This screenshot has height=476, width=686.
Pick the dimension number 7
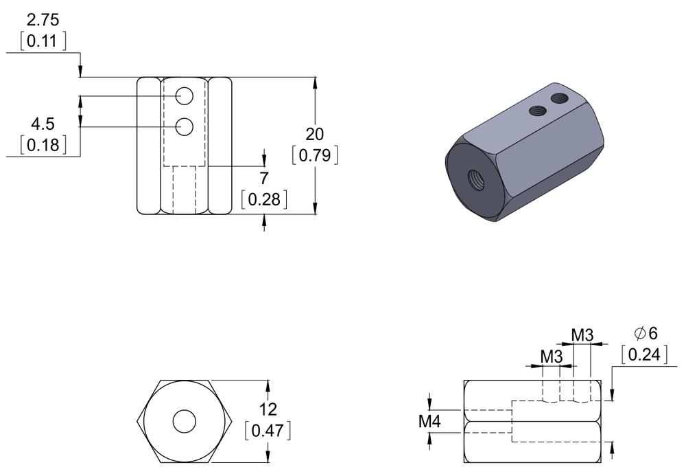(x=264, y=179)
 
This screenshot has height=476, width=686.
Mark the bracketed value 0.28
(x=264, y=200)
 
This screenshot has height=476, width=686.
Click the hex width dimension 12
(x=268, y=409)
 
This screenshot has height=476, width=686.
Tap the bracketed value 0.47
(x=268, y=431)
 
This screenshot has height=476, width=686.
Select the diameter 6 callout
(x=646, y=334)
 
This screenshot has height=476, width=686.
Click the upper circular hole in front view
(x=184, y=97)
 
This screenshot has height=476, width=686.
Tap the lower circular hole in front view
(x=184, y=126)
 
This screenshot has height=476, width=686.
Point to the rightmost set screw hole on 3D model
(x=560, y=98)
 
